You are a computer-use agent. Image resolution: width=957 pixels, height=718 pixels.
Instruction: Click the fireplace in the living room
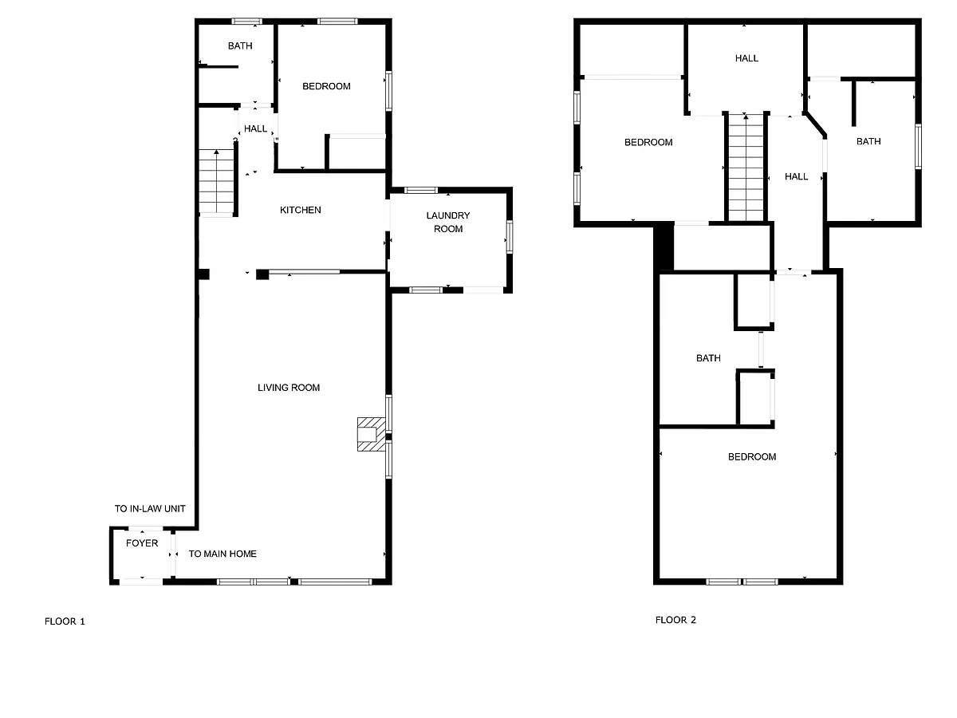372,434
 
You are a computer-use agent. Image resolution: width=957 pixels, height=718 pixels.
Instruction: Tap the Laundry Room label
447,222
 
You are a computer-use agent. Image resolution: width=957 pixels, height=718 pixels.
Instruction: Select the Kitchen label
300,210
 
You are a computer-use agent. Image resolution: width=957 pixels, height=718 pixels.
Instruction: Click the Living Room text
288,387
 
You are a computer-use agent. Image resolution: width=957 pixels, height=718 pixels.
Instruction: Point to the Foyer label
142,542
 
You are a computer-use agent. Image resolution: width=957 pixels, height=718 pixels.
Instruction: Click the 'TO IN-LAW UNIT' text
150,508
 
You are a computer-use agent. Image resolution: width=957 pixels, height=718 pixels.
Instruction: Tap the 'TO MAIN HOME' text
223,554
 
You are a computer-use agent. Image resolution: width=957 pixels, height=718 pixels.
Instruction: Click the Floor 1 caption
65,621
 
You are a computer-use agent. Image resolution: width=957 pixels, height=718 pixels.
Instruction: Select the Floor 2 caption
675,620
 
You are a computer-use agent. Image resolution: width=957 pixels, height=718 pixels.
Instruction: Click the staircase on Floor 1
216,181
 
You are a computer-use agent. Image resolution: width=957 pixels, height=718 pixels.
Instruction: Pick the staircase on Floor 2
746,167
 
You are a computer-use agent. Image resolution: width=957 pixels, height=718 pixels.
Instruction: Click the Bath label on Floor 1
240,45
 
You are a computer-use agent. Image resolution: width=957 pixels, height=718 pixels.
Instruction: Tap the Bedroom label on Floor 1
326,86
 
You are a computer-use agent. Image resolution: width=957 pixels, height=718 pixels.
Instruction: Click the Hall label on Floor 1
255,128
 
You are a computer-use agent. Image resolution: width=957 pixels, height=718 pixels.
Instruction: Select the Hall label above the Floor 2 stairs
746,58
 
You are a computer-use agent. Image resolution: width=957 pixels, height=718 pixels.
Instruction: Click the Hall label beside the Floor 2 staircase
796,176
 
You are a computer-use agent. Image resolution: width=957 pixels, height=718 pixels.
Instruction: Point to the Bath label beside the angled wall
868,141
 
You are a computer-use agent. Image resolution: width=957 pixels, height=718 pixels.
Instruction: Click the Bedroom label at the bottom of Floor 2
752,456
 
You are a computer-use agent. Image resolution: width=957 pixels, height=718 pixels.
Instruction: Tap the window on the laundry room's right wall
509,237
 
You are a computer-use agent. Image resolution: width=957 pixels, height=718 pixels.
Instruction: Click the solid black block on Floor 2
664,247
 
